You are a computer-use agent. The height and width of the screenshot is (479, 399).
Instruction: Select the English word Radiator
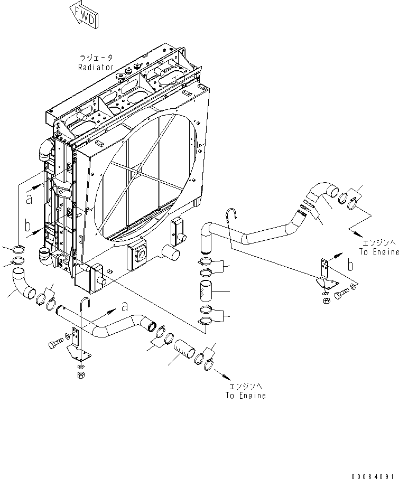(x=96, y=67)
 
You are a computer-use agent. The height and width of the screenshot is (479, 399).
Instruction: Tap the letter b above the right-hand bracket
(x=349, y=265)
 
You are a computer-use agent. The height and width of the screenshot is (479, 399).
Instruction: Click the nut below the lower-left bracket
(x=81, y=376)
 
